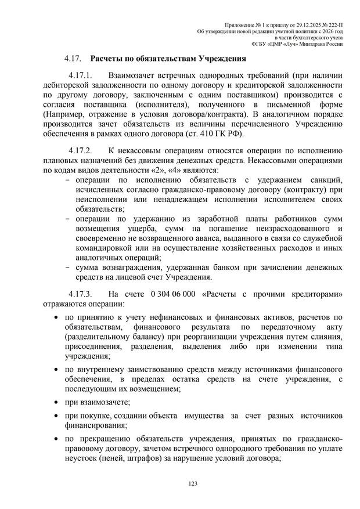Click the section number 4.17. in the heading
tap(73, 59)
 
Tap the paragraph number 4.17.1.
tap(81, 75)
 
